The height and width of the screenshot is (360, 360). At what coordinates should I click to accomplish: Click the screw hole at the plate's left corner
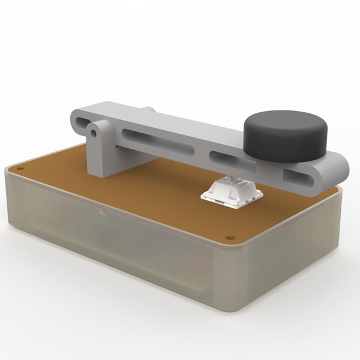20,169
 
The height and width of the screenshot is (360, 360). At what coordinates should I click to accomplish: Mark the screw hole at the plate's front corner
230,238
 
